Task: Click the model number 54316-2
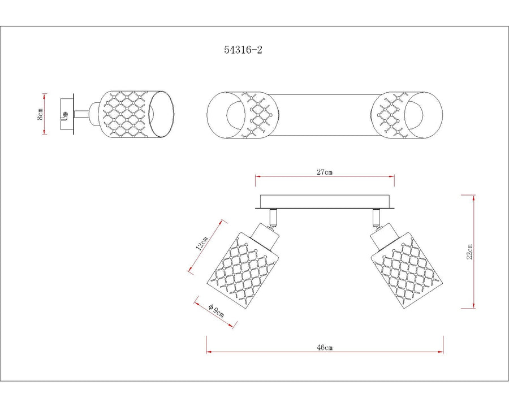pos(243,50)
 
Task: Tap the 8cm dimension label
pos(40,114)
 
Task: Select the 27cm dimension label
pos(325,172)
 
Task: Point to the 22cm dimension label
pos(470,251)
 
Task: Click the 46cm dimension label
pos(325,348)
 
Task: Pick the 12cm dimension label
pos(201,244)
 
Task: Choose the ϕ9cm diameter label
pos(216,310)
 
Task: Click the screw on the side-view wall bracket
pos(65,115)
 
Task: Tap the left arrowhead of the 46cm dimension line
pos(209,352)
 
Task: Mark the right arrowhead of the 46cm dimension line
pos(441,352)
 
